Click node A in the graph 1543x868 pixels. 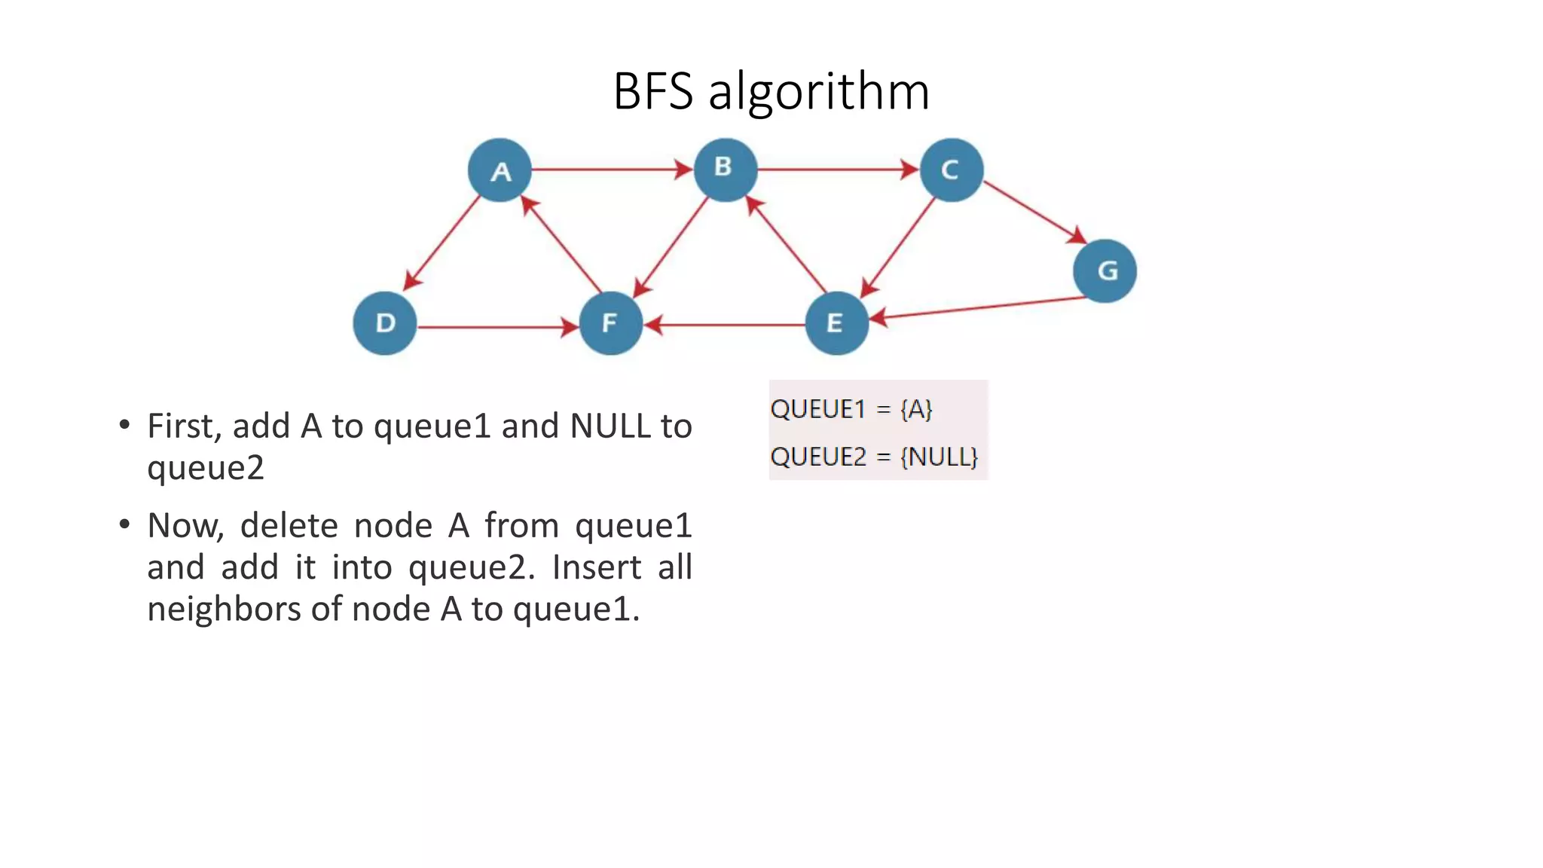[500, 170]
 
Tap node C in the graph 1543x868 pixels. [952, 170]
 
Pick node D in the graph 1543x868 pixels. [385, 323]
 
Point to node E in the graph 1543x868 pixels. [836, 323]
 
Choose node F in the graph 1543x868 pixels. [610, 323]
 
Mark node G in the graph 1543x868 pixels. [1105, 270]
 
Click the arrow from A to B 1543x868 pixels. [610, 170]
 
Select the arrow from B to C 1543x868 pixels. [836, 170]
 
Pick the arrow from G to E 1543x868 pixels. [979, 308]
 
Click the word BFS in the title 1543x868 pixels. [652, 91]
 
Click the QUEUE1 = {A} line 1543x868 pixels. [851, 409]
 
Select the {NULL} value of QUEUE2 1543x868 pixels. [939, 457]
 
